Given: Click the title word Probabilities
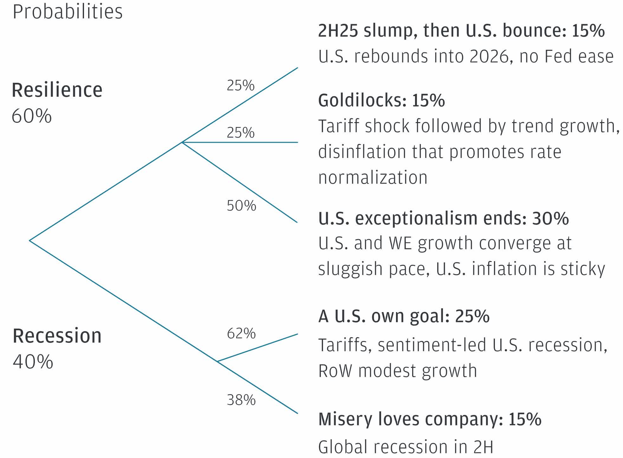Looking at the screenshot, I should point(67,12).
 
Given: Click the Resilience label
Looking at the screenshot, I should point(57,90).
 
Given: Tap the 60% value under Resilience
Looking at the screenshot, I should point(31,116).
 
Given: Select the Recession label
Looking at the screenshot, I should point(57,336).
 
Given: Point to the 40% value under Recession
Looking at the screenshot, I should point(33,362).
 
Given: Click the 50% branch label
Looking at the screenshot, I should point(241,206).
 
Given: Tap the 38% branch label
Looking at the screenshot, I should point(241,400).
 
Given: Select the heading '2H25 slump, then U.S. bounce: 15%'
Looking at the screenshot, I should point(461,31).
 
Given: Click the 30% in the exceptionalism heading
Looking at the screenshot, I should point(550,219).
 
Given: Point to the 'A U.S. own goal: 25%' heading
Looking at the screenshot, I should point(404,316).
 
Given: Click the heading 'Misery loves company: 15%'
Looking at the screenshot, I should point(430,419).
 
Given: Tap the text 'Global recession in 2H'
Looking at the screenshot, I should point(406,447).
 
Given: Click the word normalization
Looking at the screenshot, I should point(373,177).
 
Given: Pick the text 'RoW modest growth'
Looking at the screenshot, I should point(398,371).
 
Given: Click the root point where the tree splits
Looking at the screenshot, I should point(30,240).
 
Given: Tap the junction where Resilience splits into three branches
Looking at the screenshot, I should point(182,142).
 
